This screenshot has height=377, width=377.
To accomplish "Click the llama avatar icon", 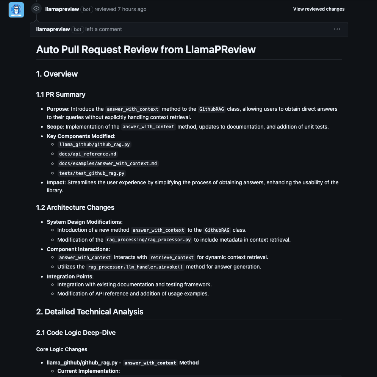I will click(x=16, y=10).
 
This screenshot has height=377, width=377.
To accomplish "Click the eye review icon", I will click(x=36, y=9).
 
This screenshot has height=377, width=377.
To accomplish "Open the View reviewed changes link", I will click(x=319, y=9).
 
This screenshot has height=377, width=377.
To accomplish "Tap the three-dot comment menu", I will click(x=337, y=29).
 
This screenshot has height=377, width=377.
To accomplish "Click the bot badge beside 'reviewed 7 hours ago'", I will click(x=87, y=9).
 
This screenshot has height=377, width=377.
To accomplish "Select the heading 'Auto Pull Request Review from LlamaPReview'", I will click(x=146, y=50).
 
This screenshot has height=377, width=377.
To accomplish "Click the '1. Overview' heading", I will click(x=57, y=74).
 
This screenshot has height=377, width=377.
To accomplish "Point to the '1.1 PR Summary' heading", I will click(x=61, y=94).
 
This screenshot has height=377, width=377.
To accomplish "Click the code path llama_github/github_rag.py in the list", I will click(x=95, y=145).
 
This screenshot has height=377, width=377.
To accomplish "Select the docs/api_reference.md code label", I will click(x=88, y=154).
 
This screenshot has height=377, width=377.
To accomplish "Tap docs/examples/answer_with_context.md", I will click(x=108, y=163).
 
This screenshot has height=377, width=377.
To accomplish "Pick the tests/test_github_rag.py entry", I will click(x=92, y=173).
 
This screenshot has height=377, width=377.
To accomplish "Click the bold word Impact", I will click(x=56, y=182).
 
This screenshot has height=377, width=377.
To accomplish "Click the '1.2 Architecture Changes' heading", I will click(x=75, y=207).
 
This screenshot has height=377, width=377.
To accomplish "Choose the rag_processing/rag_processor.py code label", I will click(x=149, y=240).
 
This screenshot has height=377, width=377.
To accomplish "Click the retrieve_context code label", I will click(x=172, y=258).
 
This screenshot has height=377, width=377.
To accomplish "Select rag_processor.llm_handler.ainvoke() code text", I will click(x=135, y=267).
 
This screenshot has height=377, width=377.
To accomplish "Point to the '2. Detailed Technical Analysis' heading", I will click(x=90, y=312).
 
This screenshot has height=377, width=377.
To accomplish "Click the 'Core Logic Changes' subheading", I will click(x=62, y=349).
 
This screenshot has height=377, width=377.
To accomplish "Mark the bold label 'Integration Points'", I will click(x=70, y=276).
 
